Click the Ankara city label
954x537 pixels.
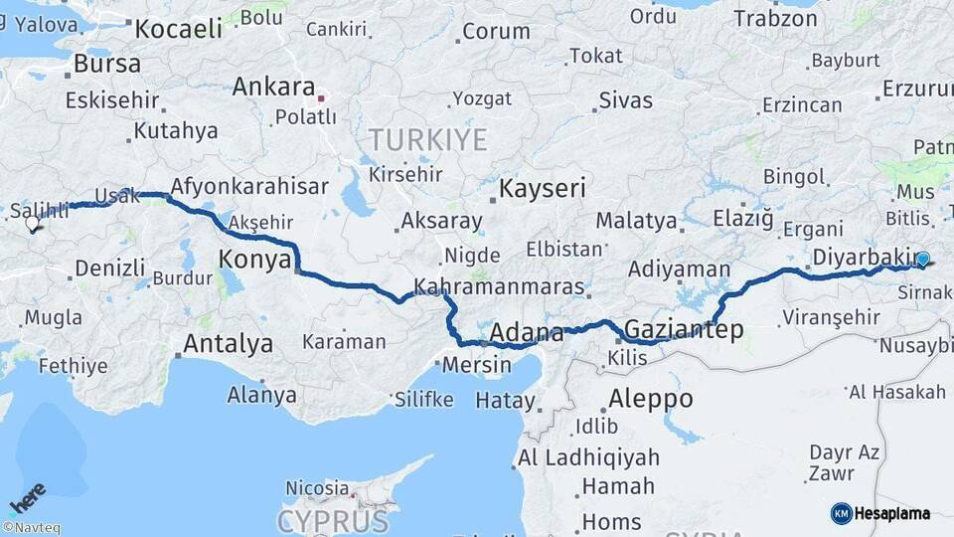(x=273, y=87)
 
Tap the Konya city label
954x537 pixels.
(x=253, y=261)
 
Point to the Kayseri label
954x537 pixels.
(x=543, y=189)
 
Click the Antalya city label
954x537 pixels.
(x=228, y=344)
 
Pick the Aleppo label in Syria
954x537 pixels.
(x=650, y=398)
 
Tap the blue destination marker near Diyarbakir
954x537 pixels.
(x=922, y=260)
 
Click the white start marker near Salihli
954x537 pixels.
(x=33, y=225)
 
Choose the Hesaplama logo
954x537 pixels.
(x=880, y=513)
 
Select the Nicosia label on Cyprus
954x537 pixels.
(x=317, y=488)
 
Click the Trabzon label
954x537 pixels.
(x=775, y=18)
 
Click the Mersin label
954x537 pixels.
(x=476, y=364)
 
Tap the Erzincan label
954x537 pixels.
(x=802, y=104)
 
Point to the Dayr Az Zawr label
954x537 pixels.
(x=844, y=462)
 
